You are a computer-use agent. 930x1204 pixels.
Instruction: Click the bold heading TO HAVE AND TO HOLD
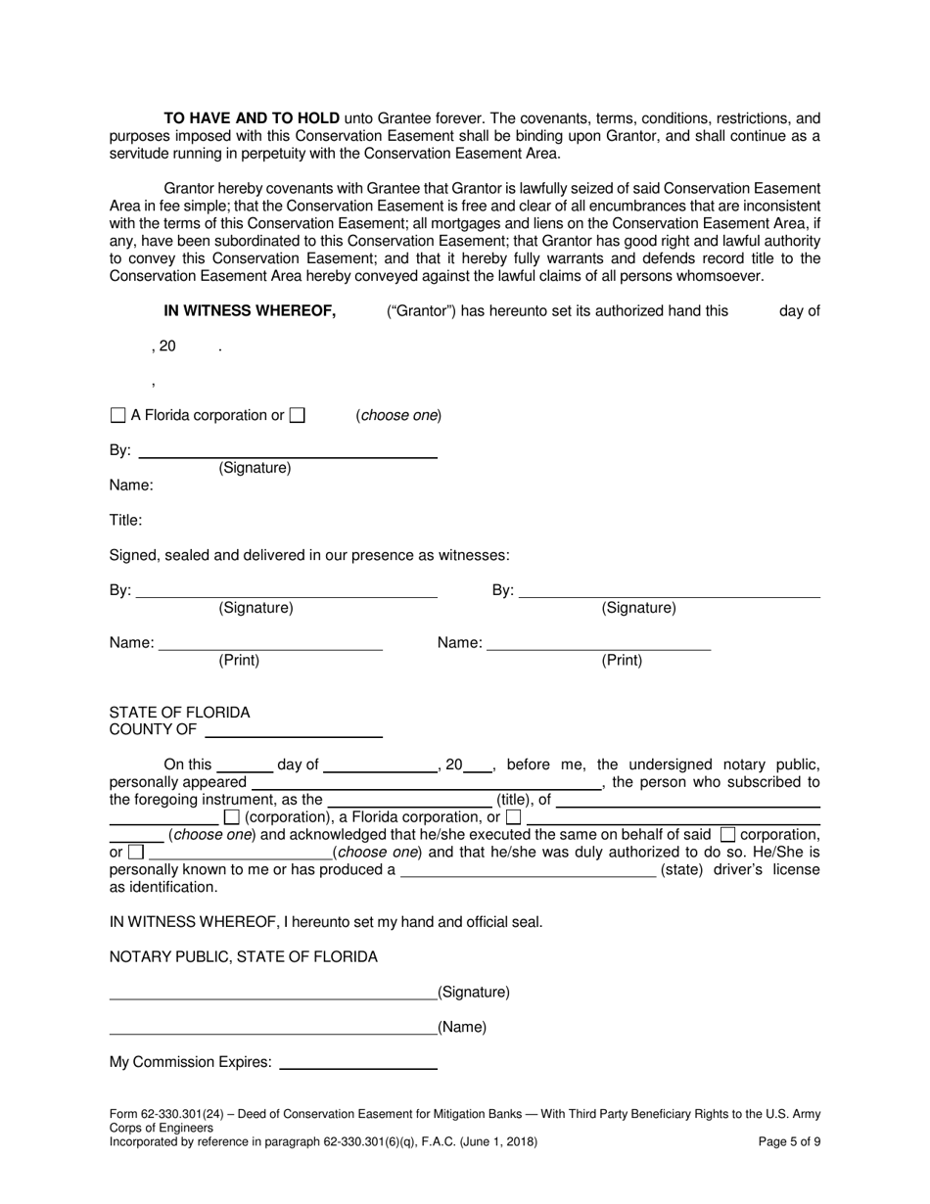(252, 117)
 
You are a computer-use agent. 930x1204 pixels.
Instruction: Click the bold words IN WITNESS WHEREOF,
(250, 311)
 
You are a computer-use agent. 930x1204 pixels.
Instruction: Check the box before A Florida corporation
(118, 415)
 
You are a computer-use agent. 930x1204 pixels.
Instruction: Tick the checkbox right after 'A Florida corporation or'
(298, 415)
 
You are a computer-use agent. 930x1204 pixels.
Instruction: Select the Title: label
(125, 520)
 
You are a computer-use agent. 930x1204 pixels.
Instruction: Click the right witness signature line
(671, 593)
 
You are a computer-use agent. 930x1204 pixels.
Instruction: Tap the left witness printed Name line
(270, 646)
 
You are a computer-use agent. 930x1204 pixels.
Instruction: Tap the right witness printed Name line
(598, 646)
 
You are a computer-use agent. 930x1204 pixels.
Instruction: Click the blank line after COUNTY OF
(294, 733)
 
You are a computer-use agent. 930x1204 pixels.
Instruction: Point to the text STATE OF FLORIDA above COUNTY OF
(179, 712)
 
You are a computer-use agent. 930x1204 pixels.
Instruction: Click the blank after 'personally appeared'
(425, 784)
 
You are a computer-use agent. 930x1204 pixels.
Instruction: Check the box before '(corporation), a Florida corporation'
(232, 816)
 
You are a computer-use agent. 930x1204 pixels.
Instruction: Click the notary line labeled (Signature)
(273, 996)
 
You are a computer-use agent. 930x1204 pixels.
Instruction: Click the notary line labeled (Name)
(273, 1031)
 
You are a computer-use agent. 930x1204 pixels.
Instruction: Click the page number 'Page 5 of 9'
(790, 1141)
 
